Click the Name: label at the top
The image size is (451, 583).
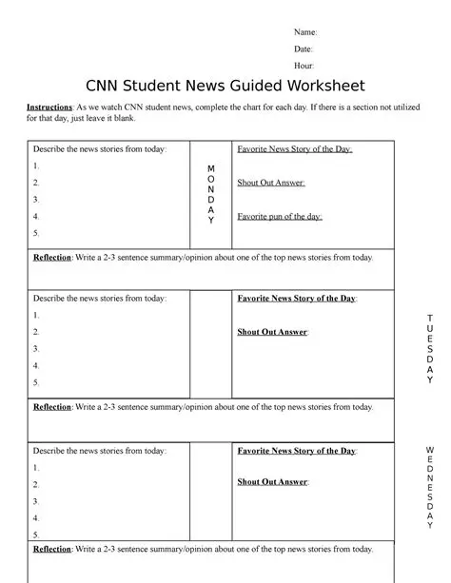click(305, 31)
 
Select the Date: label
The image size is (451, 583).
click(304, 49)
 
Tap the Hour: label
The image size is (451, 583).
click(304, 66)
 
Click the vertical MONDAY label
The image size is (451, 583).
click(211, 194)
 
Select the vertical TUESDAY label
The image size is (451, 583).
click(430, 347)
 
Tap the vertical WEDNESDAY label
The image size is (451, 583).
click(430, 485)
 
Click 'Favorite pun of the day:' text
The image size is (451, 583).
click(279, 217)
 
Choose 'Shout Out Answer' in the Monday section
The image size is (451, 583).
click(271, 183)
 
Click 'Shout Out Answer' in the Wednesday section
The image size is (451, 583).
click(273, 482)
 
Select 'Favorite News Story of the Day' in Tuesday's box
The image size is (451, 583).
click(296, 299)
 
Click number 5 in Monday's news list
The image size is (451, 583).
click(36, 233)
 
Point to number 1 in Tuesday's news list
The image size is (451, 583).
click(36, 315)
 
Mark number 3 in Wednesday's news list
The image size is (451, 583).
click(36, 500)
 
